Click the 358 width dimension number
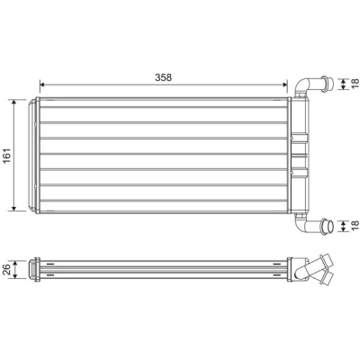(x=163, y=77)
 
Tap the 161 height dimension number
(x=7, y=156)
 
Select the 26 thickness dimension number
(x=7, y=269)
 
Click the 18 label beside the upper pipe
(x=355, y=83)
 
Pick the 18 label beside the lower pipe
(x=355, y=226)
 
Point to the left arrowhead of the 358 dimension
(x=42, y=85)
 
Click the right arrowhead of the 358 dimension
(x=284, y=85)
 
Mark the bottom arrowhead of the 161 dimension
(x=13, y=208)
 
